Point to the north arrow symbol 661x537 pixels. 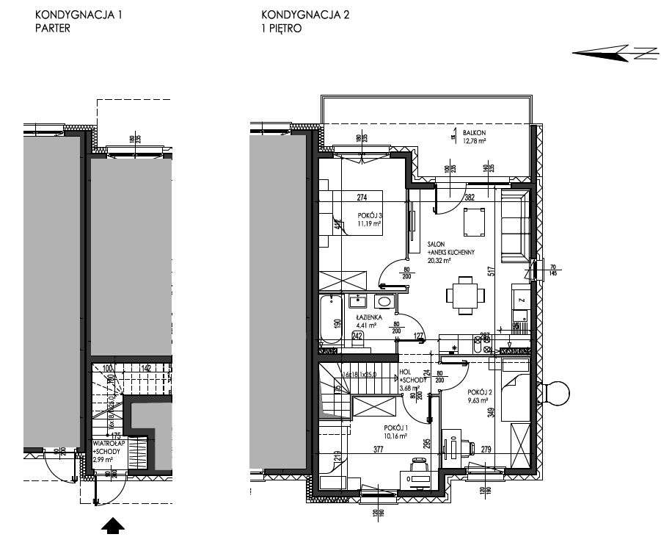pyautogui.click(x=613, y=53)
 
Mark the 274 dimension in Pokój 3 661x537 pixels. pyautogui.click(x=361, y=197)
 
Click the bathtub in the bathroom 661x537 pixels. pyautogui.click(x=332, y=321)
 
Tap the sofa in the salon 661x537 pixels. pyautogui.click(x=514, y=224)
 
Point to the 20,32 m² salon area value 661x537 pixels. pyautogui.click(x=438, y=259)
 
